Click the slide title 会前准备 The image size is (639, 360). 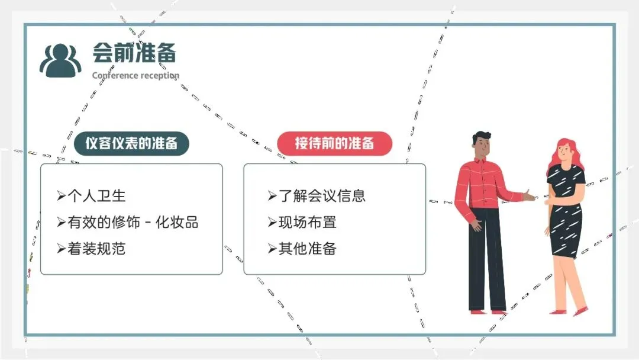click(134, 53)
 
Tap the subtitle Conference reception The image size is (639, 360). click(135, 76)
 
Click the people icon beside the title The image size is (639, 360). click(60, 60)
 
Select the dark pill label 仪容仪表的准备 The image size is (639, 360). click(131, 143)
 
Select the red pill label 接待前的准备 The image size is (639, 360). click(334, 143)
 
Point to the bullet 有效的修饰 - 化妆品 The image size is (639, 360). click(133, 222)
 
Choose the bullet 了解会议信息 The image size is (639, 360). click(322, 196)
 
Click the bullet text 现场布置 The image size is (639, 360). click(307, 222)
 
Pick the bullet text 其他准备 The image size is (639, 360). click(307, 248)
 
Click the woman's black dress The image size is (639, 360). click(566, 213)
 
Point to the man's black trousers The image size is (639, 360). click(486, 266)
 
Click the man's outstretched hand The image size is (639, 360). click(530, 195)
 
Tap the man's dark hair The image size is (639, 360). click(480, 138)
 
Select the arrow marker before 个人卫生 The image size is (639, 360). click(61, 196)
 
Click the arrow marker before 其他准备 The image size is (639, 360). click(272, 248)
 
